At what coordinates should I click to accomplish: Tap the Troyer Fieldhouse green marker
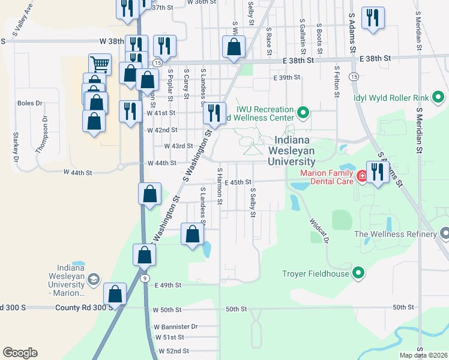point(358,274)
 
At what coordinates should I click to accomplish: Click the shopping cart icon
point(100,63)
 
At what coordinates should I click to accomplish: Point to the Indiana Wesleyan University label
point(294,151)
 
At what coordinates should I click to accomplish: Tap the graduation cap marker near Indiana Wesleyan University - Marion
point(93,279)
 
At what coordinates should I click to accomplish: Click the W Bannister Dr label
point(175,327)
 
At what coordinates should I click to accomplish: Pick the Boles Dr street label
point(30,103)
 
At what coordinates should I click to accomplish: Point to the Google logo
point(20,353)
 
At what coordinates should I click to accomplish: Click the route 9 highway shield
point(145,278)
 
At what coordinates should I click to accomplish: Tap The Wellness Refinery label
point(396,234)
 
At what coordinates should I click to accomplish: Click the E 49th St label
point(167,286)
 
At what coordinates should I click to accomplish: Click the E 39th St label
point(286,78)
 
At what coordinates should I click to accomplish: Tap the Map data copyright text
point(423,355)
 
